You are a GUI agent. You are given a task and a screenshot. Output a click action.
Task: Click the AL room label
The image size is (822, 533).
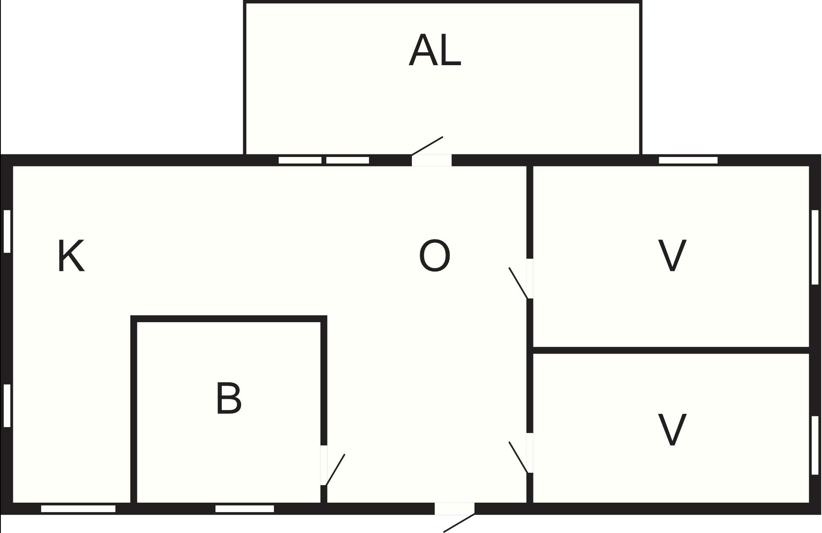click(435, 51)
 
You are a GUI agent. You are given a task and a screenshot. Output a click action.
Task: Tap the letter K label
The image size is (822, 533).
click(71, 256)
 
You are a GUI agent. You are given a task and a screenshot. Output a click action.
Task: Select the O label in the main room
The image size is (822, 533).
click(434, 256)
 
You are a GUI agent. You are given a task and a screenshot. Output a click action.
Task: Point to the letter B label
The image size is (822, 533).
click(229, 399)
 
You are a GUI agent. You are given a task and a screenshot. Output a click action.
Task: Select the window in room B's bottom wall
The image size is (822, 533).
click(245, 509)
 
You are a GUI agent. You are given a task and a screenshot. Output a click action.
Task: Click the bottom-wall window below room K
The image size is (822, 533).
click(78, 509)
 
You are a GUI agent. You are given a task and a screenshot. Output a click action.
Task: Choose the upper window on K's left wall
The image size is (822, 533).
click(7, 231)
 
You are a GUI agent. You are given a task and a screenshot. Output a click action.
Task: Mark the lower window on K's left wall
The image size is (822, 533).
click(7, 406)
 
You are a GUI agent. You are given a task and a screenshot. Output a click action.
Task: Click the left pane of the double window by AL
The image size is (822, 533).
click(300, 160)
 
